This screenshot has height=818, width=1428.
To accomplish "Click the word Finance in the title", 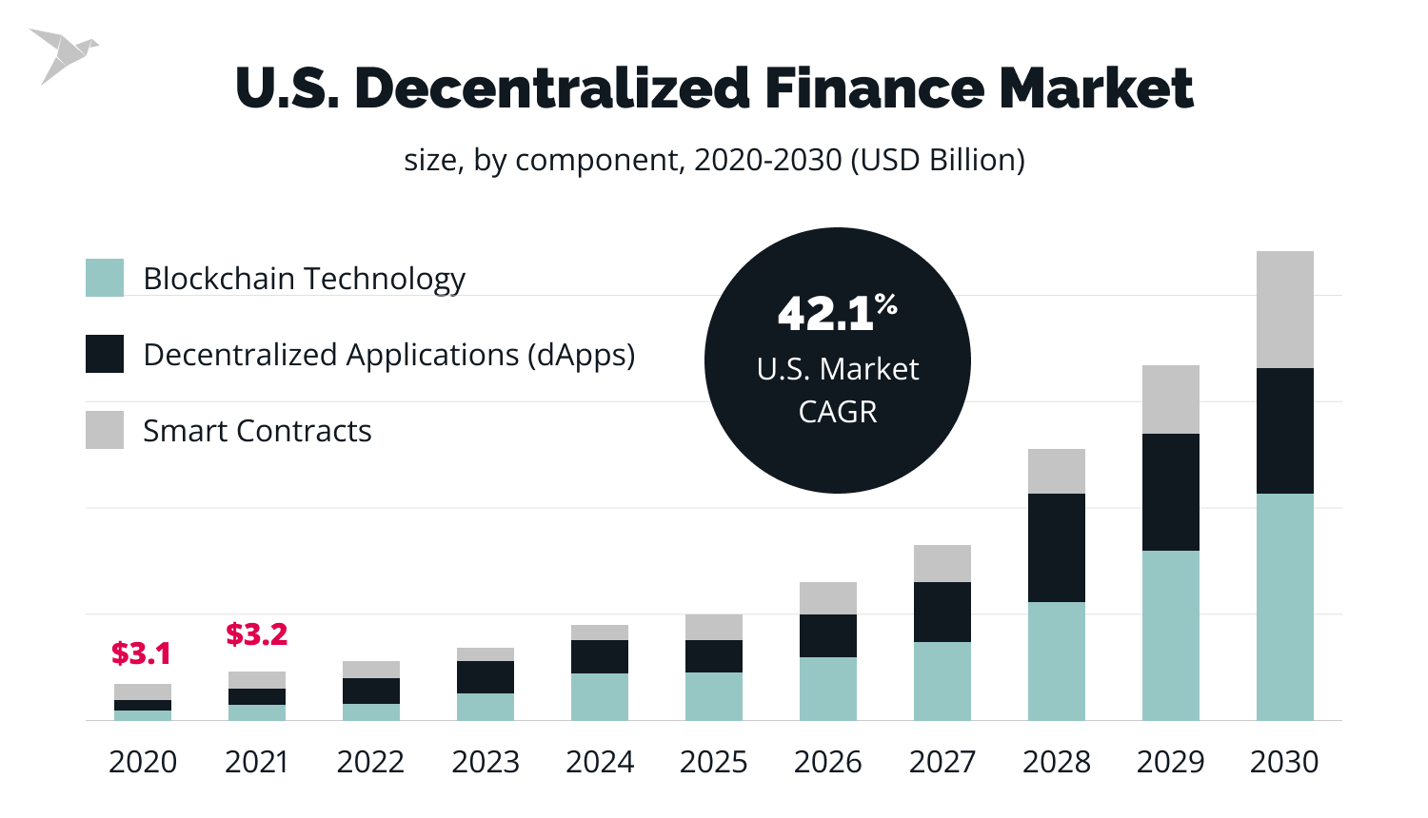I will (873, 88).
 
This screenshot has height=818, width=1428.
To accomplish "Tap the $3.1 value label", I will (141, 653).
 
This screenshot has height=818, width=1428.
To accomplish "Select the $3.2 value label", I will (256, 634).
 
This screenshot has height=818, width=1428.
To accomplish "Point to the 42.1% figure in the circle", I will (837, 312).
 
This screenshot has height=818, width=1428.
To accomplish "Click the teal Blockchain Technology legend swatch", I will (105, 278).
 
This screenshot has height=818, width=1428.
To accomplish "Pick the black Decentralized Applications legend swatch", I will (105, 354).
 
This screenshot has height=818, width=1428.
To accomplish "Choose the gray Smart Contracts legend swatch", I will (105, 430).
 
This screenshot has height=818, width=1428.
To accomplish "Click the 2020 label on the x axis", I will (143, 762).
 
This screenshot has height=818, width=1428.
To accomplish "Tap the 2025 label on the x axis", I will (714, 762).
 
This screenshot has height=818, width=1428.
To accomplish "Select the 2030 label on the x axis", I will (1284, 762).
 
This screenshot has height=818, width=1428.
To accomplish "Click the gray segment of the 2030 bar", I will (1285, 309).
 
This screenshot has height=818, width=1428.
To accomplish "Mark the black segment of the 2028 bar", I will (1057, 548).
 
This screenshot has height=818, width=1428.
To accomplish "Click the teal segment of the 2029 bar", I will (1171, 635).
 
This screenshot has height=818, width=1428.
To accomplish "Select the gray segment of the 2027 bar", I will (942, 563).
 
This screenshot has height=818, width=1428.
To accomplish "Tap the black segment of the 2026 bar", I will (828, 635).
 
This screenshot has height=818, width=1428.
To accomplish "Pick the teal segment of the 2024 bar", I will (600, 696).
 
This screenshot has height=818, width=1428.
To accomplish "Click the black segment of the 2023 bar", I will (486, 677).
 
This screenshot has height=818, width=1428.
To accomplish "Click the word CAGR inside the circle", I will (838, 412).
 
